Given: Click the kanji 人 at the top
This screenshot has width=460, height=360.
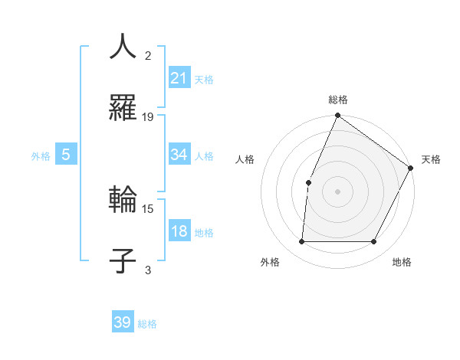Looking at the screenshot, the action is (123, 46).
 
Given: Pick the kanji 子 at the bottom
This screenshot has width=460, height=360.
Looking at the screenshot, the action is (123, 261).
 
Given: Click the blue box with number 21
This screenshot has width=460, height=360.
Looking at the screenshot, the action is (179, 77).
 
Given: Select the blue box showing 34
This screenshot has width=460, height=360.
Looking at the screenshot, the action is (179, 155).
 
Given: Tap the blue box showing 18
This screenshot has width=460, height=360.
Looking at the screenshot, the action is (179, 231).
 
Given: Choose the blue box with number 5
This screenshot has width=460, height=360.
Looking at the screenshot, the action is (66, 155).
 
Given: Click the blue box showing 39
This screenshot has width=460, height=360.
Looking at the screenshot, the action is (122, 322).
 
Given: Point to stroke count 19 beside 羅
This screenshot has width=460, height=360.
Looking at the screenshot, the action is (148, 116).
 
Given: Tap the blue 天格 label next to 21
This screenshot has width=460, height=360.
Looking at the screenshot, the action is (204, 79).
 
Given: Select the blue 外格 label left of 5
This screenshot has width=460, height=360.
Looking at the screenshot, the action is (41, 155).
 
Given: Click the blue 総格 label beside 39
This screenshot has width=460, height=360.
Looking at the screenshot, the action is (147, 324).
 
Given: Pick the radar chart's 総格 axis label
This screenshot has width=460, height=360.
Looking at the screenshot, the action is (338, 100).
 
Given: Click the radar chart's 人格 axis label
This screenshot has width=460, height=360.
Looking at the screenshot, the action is (245, 159).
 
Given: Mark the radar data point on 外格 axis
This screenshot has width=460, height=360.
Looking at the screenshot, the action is (301, 242).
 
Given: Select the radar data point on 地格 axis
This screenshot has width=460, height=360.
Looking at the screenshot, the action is (374, 242).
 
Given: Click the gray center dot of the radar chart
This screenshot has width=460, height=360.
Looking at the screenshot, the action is (337, 191).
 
